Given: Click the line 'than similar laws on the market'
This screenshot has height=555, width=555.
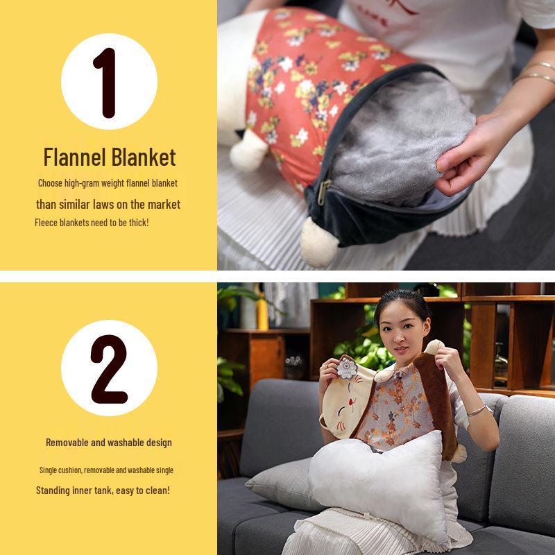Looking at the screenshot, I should [108, 204].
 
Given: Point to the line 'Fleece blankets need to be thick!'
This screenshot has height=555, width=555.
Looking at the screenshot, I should [92, 223].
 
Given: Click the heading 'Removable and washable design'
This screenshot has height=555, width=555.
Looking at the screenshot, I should [109, 443].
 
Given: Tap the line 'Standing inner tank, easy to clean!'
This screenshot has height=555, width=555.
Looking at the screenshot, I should [103, 490].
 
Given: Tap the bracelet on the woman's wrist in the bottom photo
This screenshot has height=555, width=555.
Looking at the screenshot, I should [477, 410].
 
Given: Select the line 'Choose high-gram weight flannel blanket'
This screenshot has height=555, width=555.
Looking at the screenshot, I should [108, 183].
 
